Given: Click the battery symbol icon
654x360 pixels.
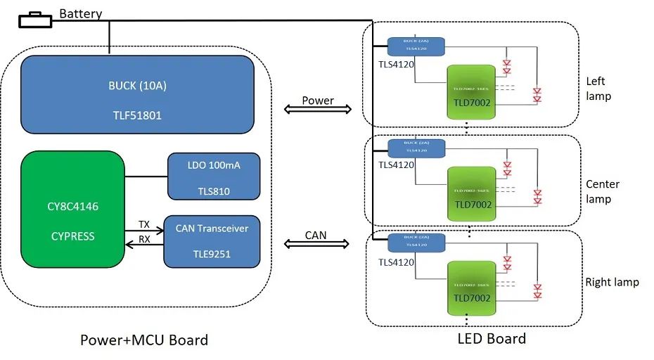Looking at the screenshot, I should pyautogui.click(x=34, y=20).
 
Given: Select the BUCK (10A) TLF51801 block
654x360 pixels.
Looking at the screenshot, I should pyautogui.click(x=137, y=94).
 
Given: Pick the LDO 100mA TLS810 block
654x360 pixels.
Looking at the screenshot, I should pyautogui.click(x=213, y=176).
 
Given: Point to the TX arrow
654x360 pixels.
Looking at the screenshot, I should pyautogui.click(x=144, y=231).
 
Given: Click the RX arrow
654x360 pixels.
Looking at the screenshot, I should pyautogui.click(x=144, y=244).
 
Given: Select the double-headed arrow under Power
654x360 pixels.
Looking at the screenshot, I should pyautogui.click(x=317, y=110).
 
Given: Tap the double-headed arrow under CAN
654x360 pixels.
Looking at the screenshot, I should pyautogui.click(x=316, y=244).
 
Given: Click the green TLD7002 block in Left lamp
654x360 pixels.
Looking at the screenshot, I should pyautogui.click(x=472, y=92).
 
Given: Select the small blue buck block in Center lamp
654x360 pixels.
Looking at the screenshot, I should pyautogui.click(x=416, y=148).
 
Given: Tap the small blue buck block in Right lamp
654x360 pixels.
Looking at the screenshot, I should pyautogui.click(x=416, y=243).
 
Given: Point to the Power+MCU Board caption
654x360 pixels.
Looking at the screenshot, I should pyautogui.click(x=144, y=340).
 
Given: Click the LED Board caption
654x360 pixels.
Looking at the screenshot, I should pyautogui.click(x=492, y=338).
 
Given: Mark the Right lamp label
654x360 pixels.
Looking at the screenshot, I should pyautogui.click(x=612, y=282).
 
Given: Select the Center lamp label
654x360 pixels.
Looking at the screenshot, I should pyautogui.click(x=602, y=191).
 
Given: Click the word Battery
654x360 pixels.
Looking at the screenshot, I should pyautogui.click(x=81, y=13).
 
